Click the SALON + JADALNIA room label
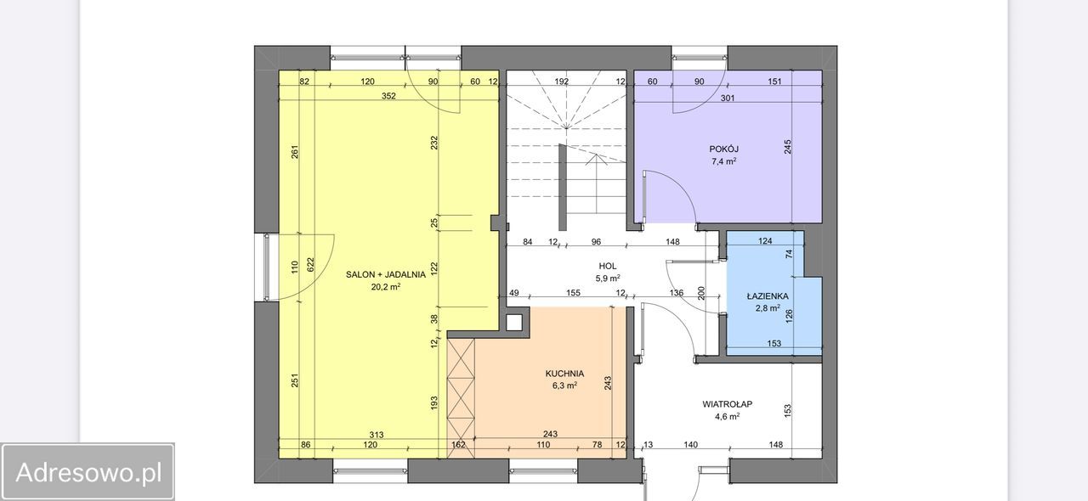click(x=386, y=274)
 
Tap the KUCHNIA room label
click(x=564, y=374)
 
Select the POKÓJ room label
click(x=723, y=149)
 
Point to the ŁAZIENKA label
click(x=768, y=296)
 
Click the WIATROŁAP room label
click(x=727, y=404)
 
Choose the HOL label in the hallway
click(x=608, y=266)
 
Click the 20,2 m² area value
click(x=386, y=287)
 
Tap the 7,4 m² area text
click(x=723, y=161)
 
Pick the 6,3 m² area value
click(x=564, y=386)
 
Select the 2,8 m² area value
click(x=768, y=308)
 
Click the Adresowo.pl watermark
click(x=88, y=472)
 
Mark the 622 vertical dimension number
click(x=311, y=264)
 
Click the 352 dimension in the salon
click(x=388, y=96)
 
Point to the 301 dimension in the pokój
click(x=727, y=98)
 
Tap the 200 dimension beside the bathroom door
click(x=701, y=293)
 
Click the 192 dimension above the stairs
click(x=562, y=82)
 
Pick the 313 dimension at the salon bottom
click(x=377, y=435)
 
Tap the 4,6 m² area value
click(x=727, y=417)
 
